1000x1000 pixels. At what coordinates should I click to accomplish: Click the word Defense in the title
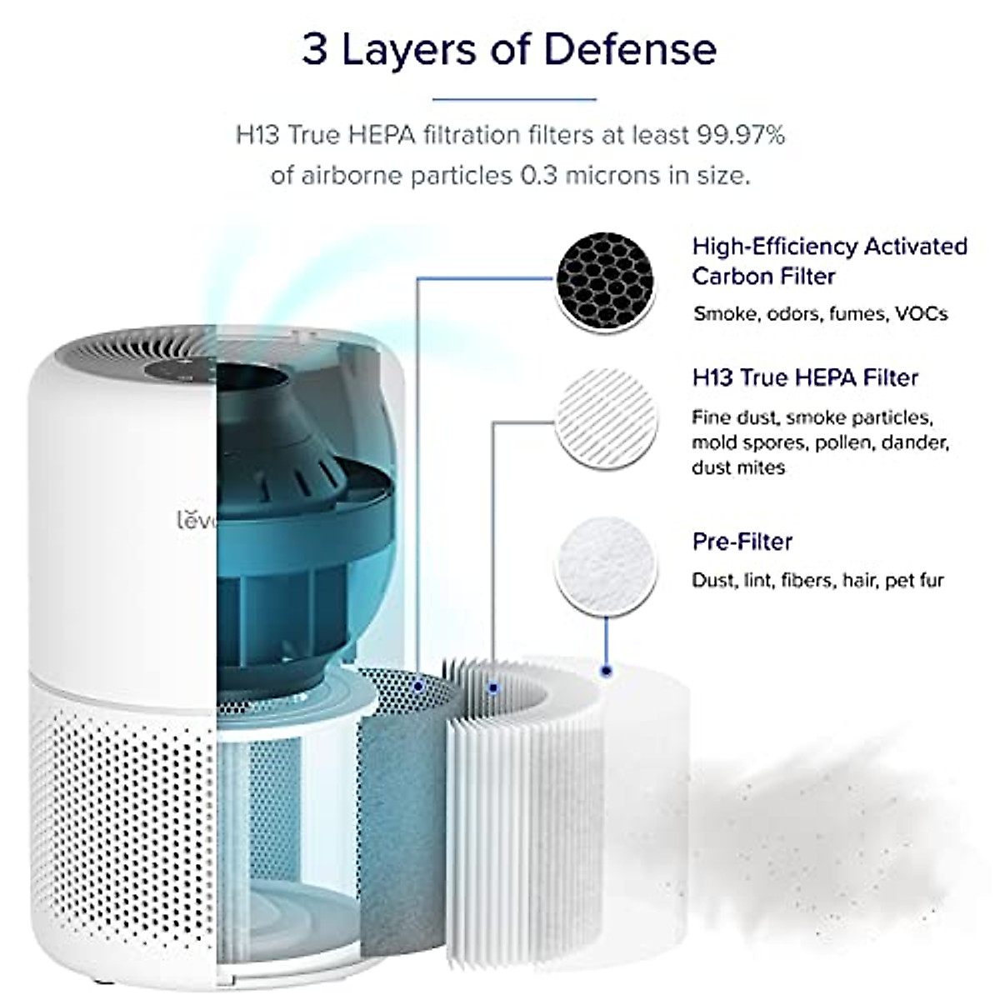tap(630, 50)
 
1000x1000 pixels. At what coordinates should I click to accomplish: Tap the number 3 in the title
tap(314, 50)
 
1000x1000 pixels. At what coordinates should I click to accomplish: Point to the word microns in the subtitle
tap(613, 177)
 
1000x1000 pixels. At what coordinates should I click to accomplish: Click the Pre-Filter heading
tap(742, 542)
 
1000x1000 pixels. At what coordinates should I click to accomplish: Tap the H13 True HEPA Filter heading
tap(805, 377)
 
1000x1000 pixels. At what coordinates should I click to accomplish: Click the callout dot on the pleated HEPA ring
tap(494, 688)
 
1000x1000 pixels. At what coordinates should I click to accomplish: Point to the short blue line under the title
tap(514, 99)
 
